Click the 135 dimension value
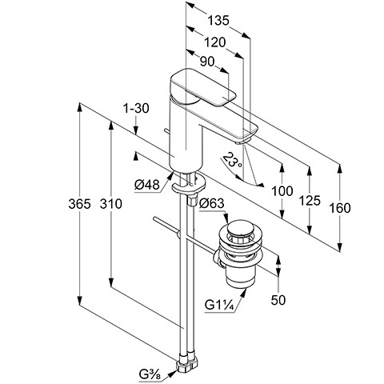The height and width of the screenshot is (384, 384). pyautogui.click(x=218, y=20)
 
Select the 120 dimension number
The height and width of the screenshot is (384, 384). pyautogui.click(x=215, y=42)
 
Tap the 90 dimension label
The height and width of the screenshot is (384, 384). pyautogui.click(x=207, y=62)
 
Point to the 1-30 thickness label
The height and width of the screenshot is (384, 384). pyautogui.click(x=136, y=109)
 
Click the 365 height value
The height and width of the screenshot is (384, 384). pyautogui.click(x=79, y=204)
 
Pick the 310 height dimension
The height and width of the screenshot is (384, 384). pyautogui.click(x=111, y=204)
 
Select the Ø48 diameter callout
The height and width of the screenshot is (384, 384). pyautogui.click(x=147, y=185)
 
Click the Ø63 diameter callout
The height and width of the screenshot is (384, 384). pyautogui.click(x=212, y=204)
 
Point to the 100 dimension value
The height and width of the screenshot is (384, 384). pyautogui.click(x=282, y=191)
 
